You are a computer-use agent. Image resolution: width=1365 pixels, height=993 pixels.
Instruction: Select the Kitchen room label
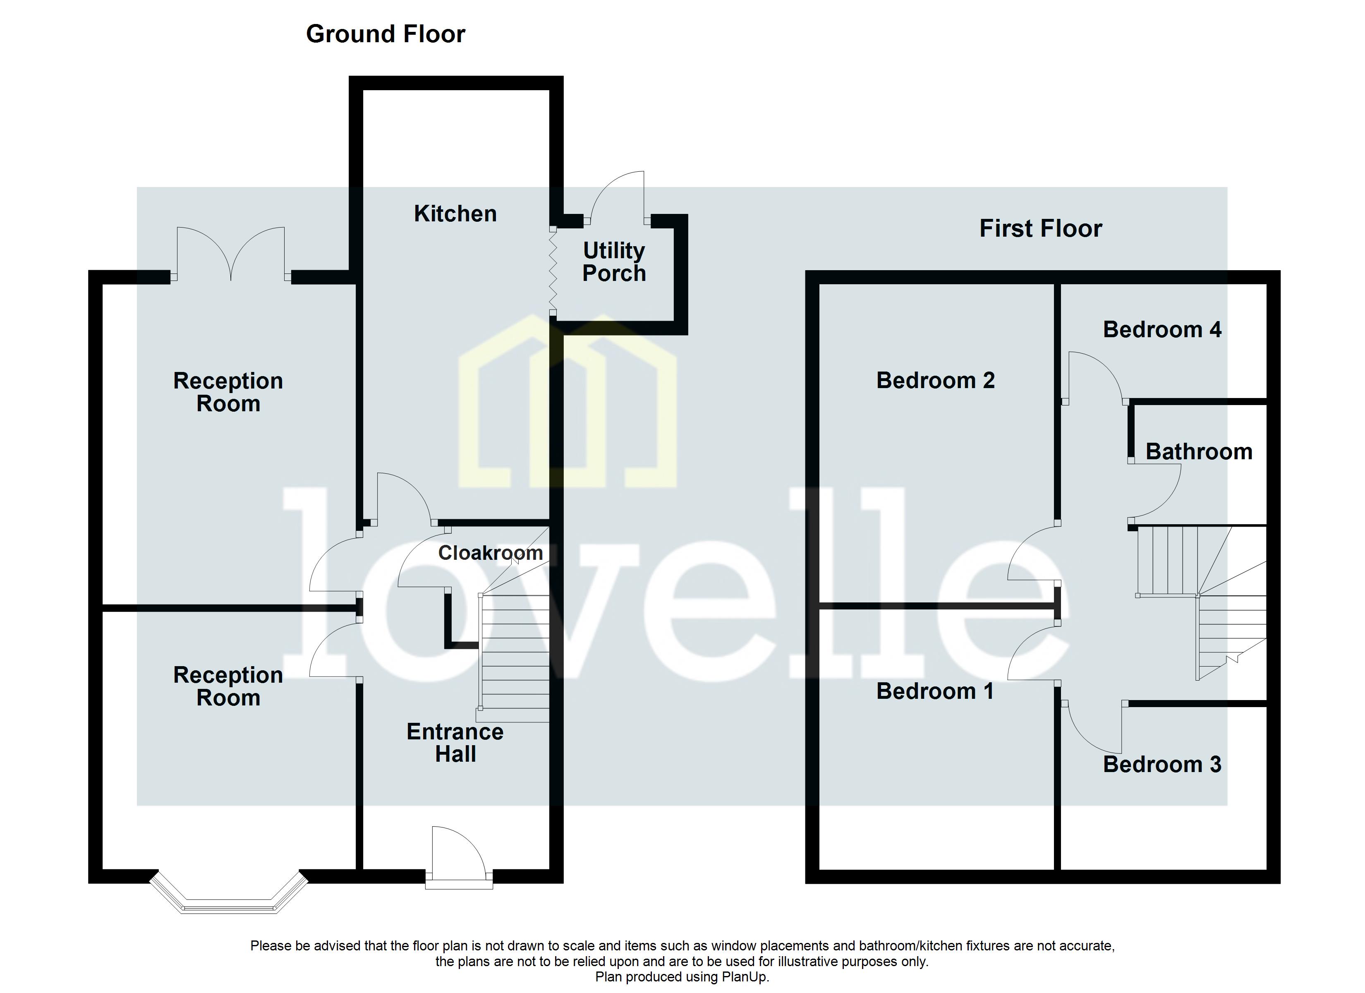point(455,214)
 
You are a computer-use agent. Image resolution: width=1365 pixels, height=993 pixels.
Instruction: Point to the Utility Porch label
point(613,262)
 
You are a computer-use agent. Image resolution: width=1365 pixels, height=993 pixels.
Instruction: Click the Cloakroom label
point(490,553)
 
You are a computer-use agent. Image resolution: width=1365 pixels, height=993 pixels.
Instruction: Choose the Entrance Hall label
point(455,743)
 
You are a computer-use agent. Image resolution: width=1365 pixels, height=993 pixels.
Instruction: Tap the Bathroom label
point(1198,452)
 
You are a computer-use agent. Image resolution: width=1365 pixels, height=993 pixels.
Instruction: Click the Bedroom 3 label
point(1161,764)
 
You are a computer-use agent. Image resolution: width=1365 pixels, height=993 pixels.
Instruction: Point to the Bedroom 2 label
point(935,381)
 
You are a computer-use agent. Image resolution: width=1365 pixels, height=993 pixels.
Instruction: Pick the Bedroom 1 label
point(935,691)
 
